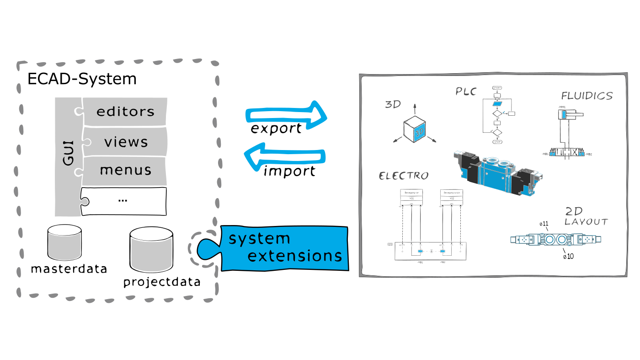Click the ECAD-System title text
tap(82, 79)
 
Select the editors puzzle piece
tap(124, 112)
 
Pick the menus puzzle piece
tap(125, 170)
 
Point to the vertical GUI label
tap(68, 153)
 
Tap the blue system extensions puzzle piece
tap(283, 247)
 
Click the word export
tap(276, 129)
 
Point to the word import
tap(289, 172)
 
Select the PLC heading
tap(466, 91)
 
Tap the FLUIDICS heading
tap(587, 96)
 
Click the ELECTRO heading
tap(404, 176)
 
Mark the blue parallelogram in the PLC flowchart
tap(497, 104)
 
